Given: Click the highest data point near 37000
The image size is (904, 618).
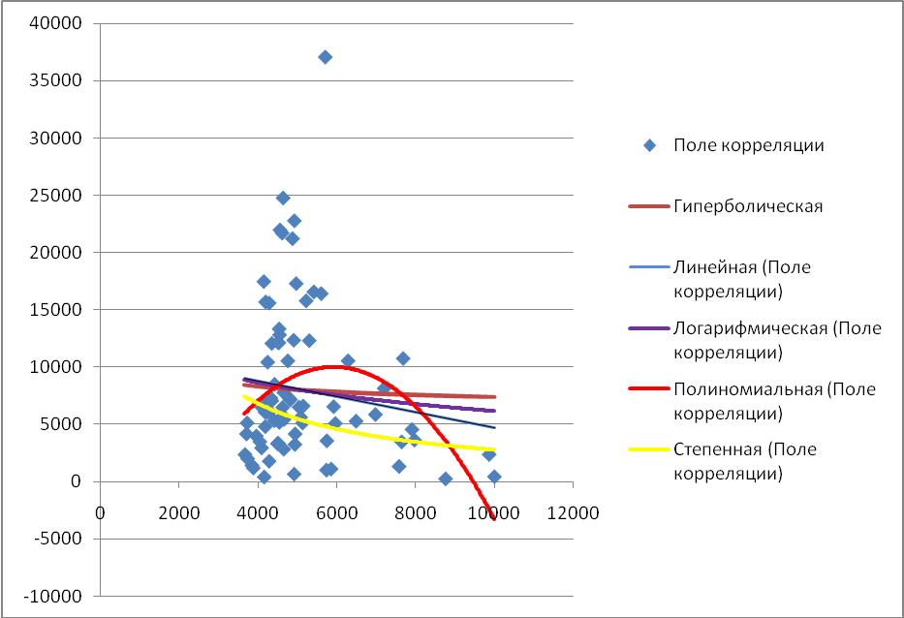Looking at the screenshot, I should click(326, 57).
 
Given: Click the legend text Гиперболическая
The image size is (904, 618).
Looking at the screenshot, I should click(748, 205).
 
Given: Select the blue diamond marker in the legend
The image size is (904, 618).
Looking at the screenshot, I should click(650, 146).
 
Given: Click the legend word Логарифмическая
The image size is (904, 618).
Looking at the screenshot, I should click(751, 327).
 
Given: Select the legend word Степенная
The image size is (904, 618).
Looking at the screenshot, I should click(717, 449).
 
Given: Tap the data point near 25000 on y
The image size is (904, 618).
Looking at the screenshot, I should click(283, 198).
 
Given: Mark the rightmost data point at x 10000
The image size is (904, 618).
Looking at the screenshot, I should click(494, 477).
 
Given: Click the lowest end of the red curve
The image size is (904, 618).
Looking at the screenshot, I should click(494, 518).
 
